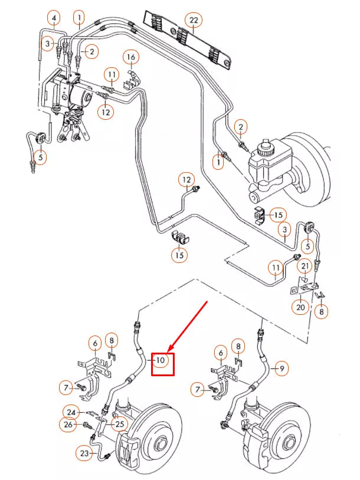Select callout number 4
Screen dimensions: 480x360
[53, 19]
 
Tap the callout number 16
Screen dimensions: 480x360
[130, 57]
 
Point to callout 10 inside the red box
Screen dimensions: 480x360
[162, 359]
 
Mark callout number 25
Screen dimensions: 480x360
[120, 423]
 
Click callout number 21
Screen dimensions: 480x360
[305, 267]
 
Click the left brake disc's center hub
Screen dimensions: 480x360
[160, 442]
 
